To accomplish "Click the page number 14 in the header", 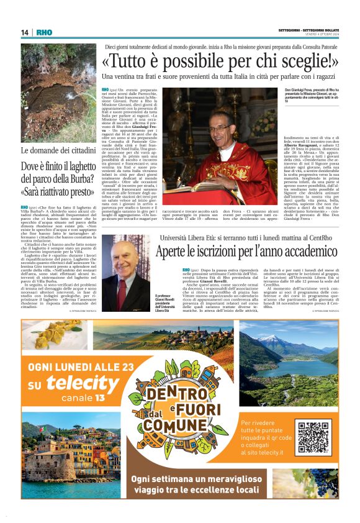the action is coord(25,32).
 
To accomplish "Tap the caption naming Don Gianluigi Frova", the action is coord(306,94).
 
